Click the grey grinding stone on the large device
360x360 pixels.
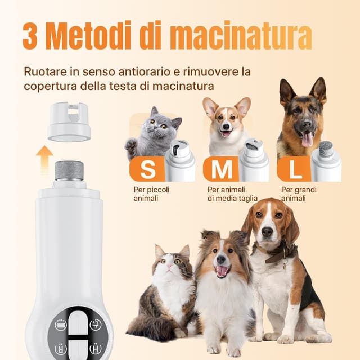pos(69,170)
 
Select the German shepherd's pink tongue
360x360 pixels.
pos(307,139)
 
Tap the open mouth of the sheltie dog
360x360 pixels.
pos(223,271)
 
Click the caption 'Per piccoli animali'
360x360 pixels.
pos(151,193)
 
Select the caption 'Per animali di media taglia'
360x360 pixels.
pos(232,193)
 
